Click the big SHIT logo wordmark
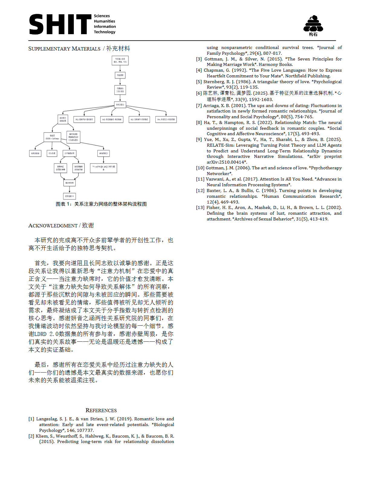(60, 24)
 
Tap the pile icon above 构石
(313, 24)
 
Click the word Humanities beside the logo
(104, 21)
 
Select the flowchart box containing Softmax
(52, 137)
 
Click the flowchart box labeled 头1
(84, 119)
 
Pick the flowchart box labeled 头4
(166, 119)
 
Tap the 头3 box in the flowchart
(139, 119)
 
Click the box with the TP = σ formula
(103, 168)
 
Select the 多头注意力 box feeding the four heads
(120, 105)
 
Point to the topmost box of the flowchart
(120, 60)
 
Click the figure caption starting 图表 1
(101, 204)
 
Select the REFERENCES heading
(101, 410)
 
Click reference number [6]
(199, 93)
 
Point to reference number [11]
(200, 179)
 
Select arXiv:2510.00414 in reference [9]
(225, 162)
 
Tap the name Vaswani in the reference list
(215, 179)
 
